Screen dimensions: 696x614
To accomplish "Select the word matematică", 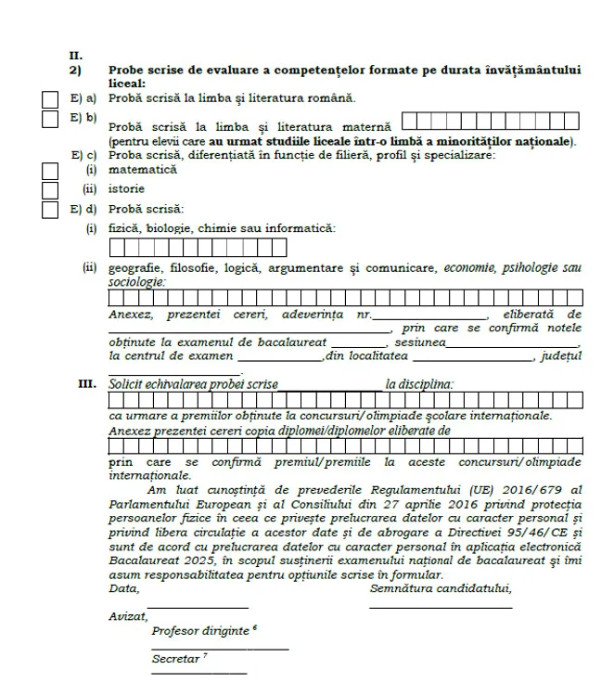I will (139, 171).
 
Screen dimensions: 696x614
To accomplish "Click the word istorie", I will (125, 189).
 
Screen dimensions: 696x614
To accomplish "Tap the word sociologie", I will (136, 281).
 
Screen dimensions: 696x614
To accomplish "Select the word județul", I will (560, 354).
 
